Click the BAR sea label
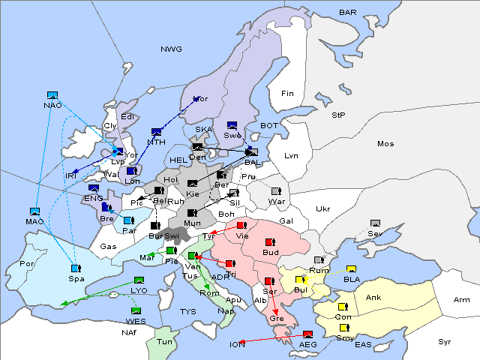pyautogui.click(x=347, y=13)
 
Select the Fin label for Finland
pyautogui.click(x=286, y=94)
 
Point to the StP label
pyautogui.click(x=338, y=116)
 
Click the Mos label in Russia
pyautogui.click(x=385, y=143)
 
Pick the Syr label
pyautogui.click(x=445, y=342)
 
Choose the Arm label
pyautogui.click(x=462, y=300)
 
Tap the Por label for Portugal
pyautogui.click(x=27, y=264)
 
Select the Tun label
pyautogui.click(x=164, y=341)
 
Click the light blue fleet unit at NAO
pyautogui.click(x=52, y=95)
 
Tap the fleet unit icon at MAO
pyautogui.click(x=34, y=211)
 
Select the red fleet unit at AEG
pyautogui.click(x=307, y=334)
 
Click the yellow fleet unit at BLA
pyautogui.click(x=351, y=269)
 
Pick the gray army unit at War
pyautogui.click(x=276, y=191)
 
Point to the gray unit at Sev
pyautogui.click(x=375, y=223)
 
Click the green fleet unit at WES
pyautogui.click(x=136, y=310)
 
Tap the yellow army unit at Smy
pyautogui.click(x=344, y=327)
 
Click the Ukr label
pyautogui.click(x=322, y=208)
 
